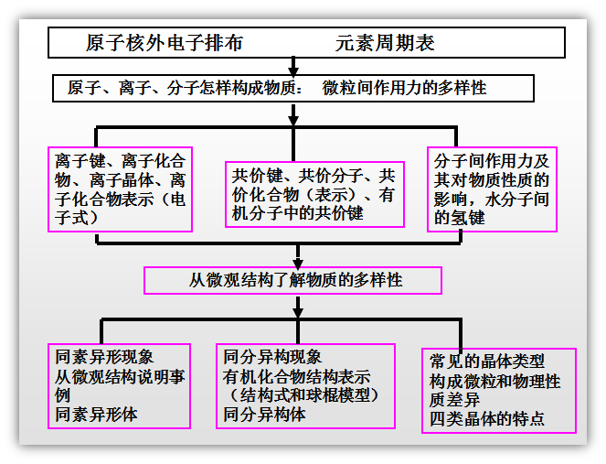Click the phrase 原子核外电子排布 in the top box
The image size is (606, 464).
[x=165, y=44]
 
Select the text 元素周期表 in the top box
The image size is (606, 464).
[x=385, y=44]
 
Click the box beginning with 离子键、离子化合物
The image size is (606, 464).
[x=121, y=189]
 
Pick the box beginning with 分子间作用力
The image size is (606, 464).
[x=490, y=189]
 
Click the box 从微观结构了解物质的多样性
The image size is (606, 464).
[x=292, y=280]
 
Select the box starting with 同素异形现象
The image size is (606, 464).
[x=121, y=385]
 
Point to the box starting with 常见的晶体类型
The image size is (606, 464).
[x=498, y=389]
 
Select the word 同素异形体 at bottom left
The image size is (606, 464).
[x=93, y=415]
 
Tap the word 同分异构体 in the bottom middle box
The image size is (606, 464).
[x=264, y=415]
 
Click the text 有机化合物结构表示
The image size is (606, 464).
[x=296, y=376]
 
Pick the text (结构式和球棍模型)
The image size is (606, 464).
[x=301, y=395]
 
